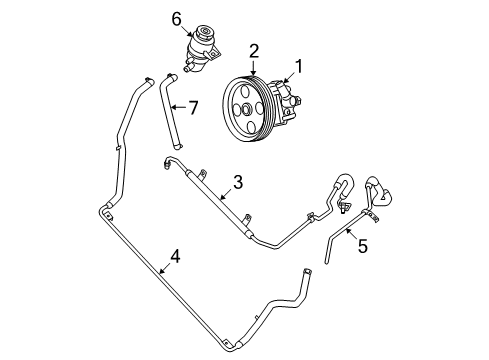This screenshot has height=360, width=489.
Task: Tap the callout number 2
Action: click(x=255, y=50)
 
